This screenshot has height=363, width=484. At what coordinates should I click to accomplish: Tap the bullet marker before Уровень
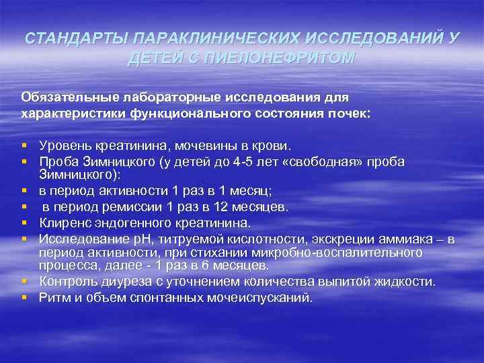(x=24, y=145)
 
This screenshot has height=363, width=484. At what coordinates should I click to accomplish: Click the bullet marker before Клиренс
(x=24, y=223)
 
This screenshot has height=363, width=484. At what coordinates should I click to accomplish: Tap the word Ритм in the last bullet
(x=53, y=297)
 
